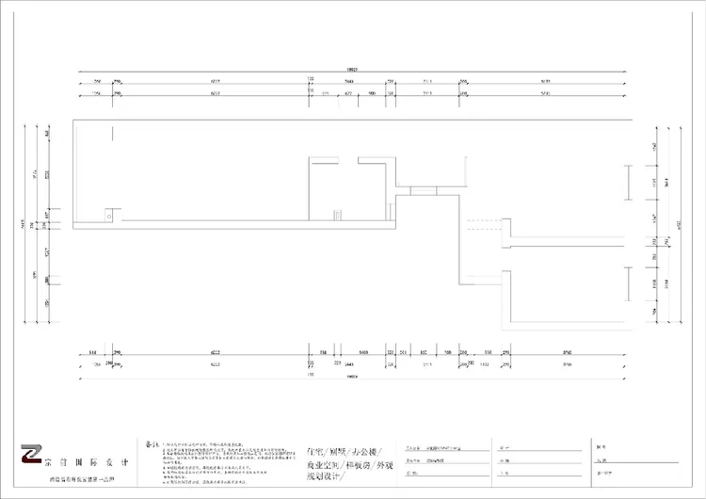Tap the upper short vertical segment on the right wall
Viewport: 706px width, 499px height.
click(626, 182)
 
